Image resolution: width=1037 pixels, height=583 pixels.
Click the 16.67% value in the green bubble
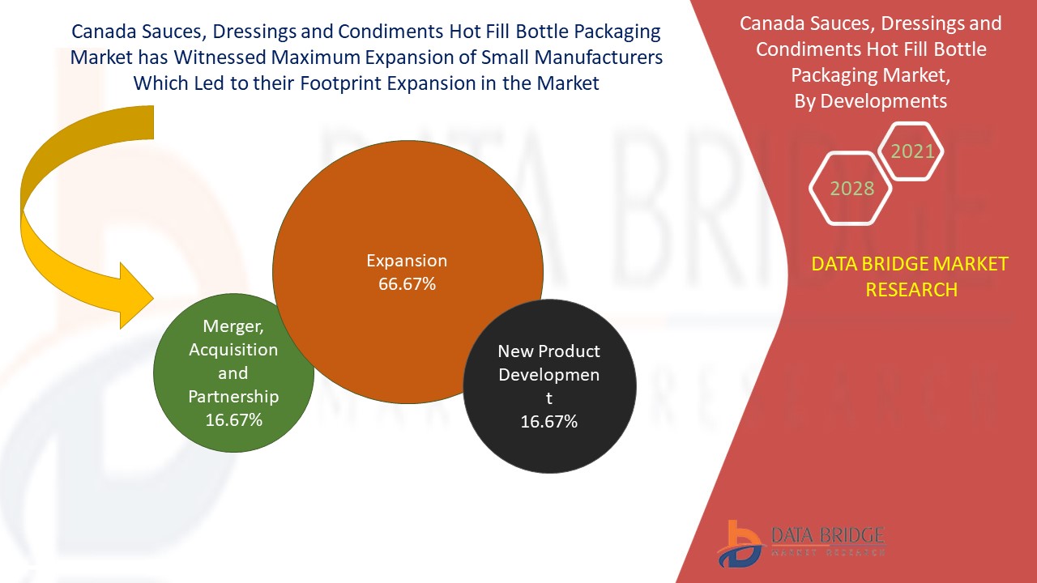pyautogui.click(x=233, y=419)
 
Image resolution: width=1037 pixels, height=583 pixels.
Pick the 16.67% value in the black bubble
pyautogui.click(x=549, y=421)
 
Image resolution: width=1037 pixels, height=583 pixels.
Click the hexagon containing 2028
pyautogui.click(x=851, y=189)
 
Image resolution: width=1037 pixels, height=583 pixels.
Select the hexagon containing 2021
pyautogui.click(x=912, y=151)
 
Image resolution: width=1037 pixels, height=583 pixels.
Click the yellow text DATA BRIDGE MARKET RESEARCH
pyautogui.click(x=911, y=276)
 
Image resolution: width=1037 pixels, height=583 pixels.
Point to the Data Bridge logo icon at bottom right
pyautogui.click(x=739, y=543)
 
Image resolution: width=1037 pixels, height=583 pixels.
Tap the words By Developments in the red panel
pyautogui.click(x=882, y=100)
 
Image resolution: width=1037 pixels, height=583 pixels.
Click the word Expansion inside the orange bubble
pyautogui.click(x=407, y=261)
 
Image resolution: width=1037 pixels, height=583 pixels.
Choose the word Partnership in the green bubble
pyautogui.click(x=233, y=397)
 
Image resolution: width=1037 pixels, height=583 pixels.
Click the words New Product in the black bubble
pyautogui.click(x=548, y=351)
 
